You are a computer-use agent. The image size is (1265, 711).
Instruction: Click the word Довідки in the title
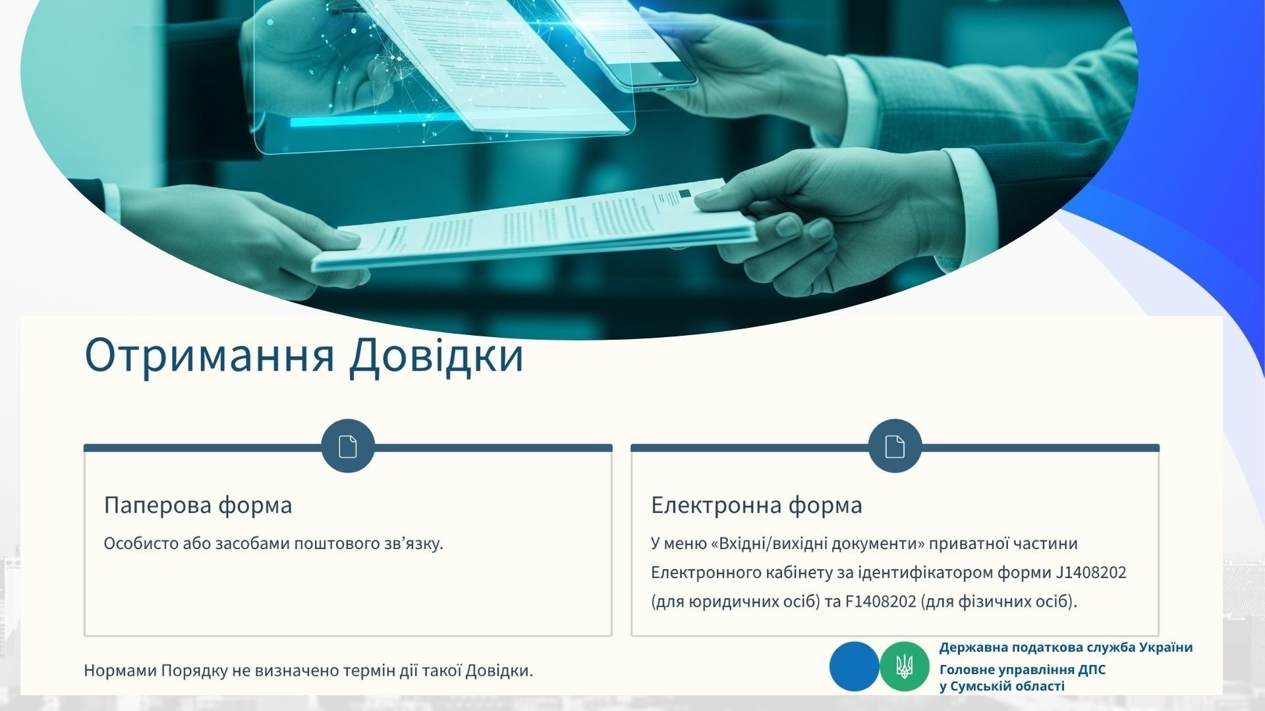click(x=437, y=356)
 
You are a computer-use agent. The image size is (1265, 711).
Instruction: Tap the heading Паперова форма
click(x=198, y=506)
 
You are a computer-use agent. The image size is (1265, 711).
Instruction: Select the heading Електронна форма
click(x=756, y=506)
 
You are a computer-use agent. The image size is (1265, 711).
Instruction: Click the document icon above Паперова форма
click(x=348, y=446)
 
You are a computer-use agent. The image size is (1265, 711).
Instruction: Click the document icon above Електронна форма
click(x=895, y=446)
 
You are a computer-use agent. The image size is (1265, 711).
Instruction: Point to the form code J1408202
click(x=1091, y=573)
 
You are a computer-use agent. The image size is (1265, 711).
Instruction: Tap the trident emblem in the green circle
click(x=905, y=666)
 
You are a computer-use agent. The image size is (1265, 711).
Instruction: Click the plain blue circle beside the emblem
click(x=855, y=666)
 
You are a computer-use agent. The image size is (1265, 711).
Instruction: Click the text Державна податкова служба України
click(x=1066, y=647)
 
